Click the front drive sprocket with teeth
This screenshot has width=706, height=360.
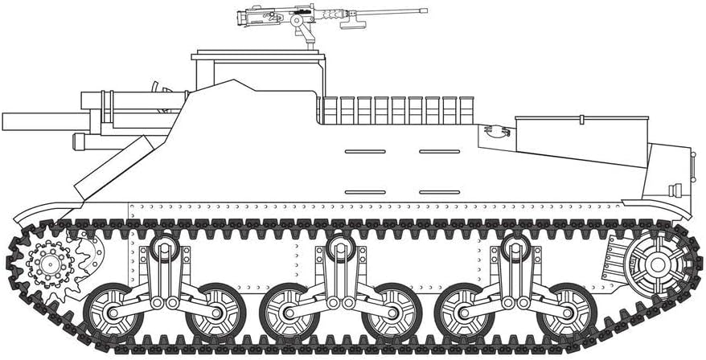tap(49, 263)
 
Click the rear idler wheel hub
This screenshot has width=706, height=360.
tap(657, 263)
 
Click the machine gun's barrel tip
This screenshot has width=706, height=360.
tap(425, 11)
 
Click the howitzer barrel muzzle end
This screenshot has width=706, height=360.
tap(5, 122)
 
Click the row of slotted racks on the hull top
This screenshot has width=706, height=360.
tap(396, 110)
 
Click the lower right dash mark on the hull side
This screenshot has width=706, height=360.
tap(439, 192)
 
